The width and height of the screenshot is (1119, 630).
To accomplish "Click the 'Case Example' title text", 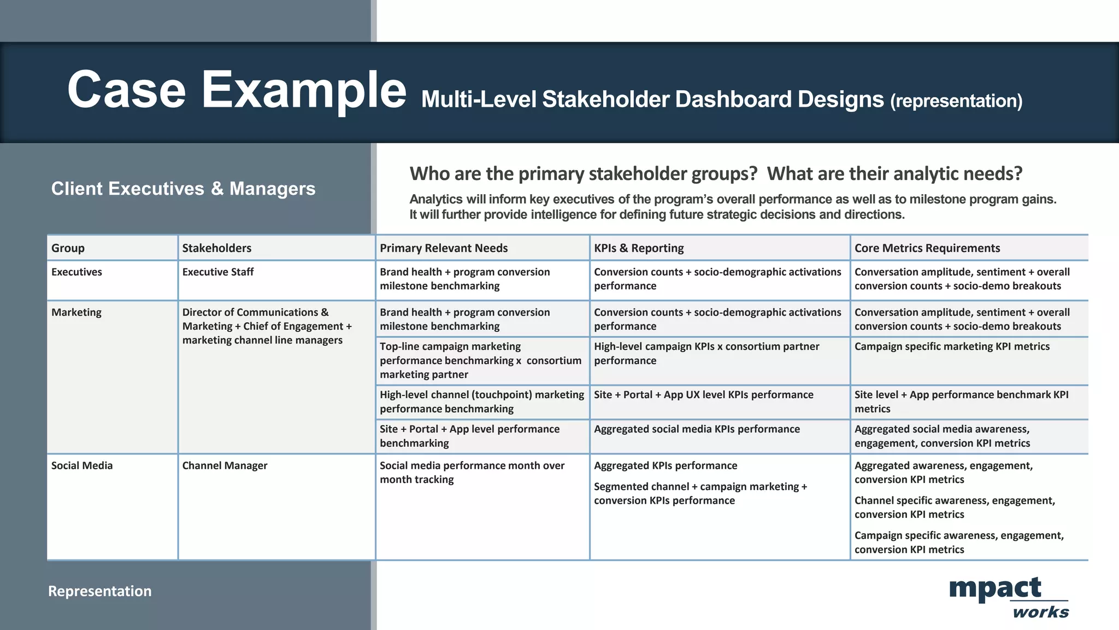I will click(237, 90).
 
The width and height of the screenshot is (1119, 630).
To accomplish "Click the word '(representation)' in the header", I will click(956, 101).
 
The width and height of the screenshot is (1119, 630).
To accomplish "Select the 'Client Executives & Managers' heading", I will click(183, 189).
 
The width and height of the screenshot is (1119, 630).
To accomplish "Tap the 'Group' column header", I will click(68, 248).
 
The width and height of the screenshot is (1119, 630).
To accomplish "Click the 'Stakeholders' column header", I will click(216, 248).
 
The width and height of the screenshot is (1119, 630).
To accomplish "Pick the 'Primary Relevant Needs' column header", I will click(443, 248).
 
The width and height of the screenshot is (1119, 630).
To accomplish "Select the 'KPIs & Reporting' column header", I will click(638, 248).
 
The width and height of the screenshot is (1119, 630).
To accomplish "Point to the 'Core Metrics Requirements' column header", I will click(927, 248).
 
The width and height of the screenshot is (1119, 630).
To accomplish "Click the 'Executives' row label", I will click(76, 272).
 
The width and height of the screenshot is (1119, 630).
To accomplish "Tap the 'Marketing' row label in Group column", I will click(76, 312).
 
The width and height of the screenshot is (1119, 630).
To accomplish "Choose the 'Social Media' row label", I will click(82, 465).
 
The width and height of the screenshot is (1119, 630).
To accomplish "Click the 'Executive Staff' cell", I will click(217, 272).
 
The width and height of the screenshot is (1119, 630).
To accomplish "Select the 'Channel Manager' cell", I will click(225, 465).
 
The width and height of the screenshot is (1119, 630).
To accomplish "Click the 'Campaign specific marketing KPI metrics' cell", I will click(952, 347).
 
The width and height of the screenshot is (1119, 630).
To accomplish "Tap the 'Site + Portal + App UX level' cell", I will click(703, 395).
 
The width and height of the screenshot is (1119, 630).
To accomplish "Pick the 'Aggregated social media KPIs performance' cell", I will click(697, 429).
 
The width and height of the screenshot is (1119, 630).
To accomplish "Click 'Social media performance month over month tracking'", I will click(472, 472).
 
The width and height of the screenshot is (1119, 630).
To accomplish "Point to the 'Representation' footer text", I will click(99, 591).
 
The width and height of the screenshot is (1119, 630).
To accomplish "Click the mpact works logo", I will click(1008, 597).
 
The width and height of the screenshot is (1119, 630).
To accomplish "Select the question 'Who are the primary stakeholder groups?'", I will click(583, 174).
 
